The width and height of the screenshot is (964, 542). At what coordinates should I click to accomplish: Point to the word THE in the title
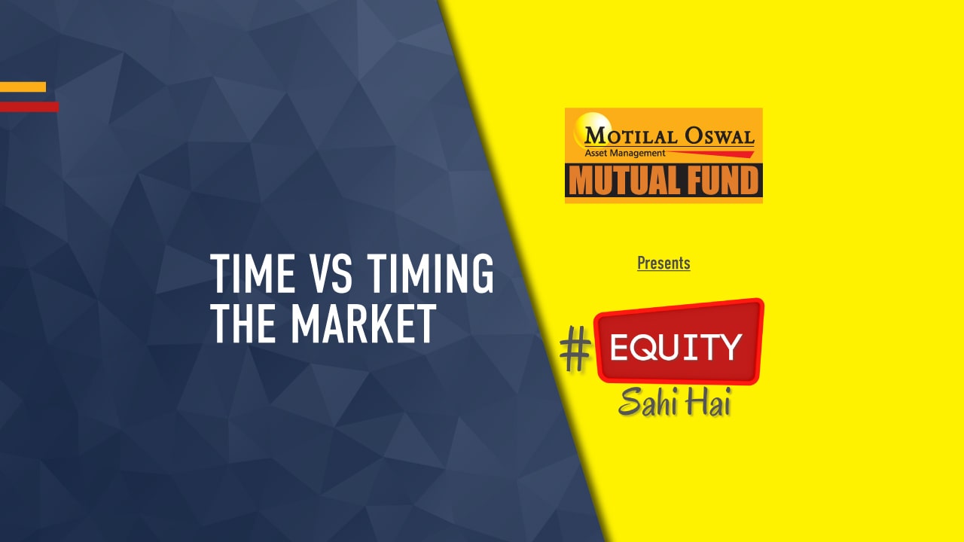tap(245, 324)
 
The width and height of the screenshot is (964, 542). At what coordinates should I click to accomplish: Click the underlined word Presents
tap(664, 263)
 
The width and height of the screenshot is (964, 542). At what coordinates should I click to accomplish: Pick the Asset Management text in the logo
tap(625, 153)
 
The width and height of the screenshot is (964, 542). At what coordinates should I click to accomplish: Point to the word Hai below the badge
tap(708, 403)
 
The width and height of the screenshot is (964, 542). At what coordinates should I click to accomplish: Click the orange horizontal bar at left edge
tap(23, 87)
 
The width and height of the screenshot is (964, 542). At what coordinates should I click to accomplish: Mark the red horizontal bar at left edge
tap(29, 107)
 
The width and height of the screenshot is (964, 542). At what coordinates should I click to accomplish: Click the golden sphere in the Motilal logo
tap(588, 126)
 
